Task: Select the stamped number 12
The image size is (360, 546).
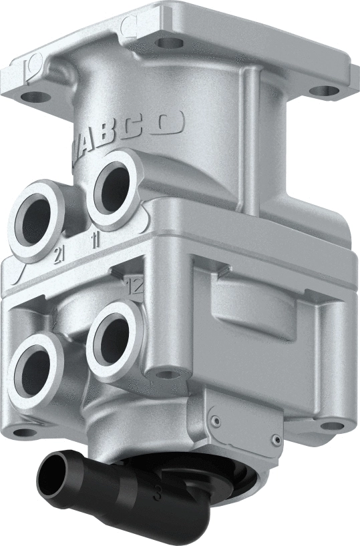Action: [x=135, y=287]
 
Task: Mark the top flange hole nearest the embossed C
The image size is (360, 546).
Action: [x=168, y=43]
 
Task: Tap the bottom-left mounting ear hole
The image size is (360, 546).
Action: [x=25, y=431]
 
